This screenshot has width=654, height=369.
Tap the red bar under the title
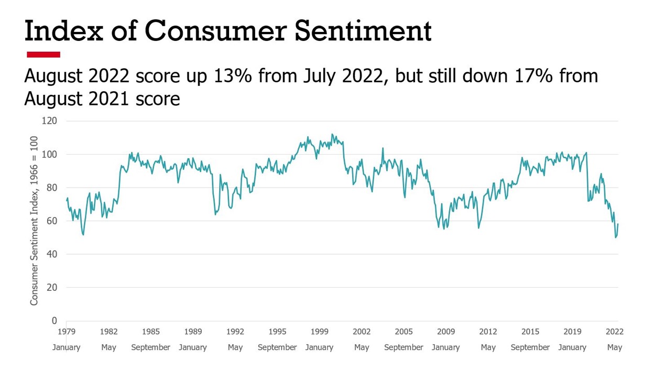43,55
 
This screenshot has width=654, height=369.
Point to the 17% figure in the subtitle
533,76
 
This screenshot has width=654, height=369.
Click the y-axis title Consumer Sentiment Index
34,220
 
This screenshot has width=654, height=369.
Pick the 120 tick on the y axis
49,121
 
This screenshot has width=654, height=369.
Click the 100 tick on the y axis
49,155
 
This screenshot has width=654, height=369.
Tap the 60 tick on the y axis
51,221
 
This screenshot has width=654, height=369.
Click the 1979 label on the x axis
67,332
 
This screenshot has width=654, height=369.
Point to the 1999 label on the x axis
319,332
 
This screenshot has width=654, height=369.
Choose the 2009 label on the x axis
446,332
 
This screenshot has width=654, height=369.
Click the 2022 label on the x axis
614,332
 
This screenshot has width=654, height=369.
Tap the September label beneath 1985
151,348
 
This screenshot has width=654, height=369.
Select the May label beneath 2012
488,348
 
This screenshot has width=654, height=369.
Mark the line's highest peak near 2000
332,134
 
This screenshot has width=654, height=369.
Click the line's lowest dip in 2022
616,237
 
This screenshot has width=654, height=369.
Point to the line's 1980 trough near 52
83,234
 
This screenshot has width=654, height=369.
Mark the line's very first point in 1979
67,200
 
